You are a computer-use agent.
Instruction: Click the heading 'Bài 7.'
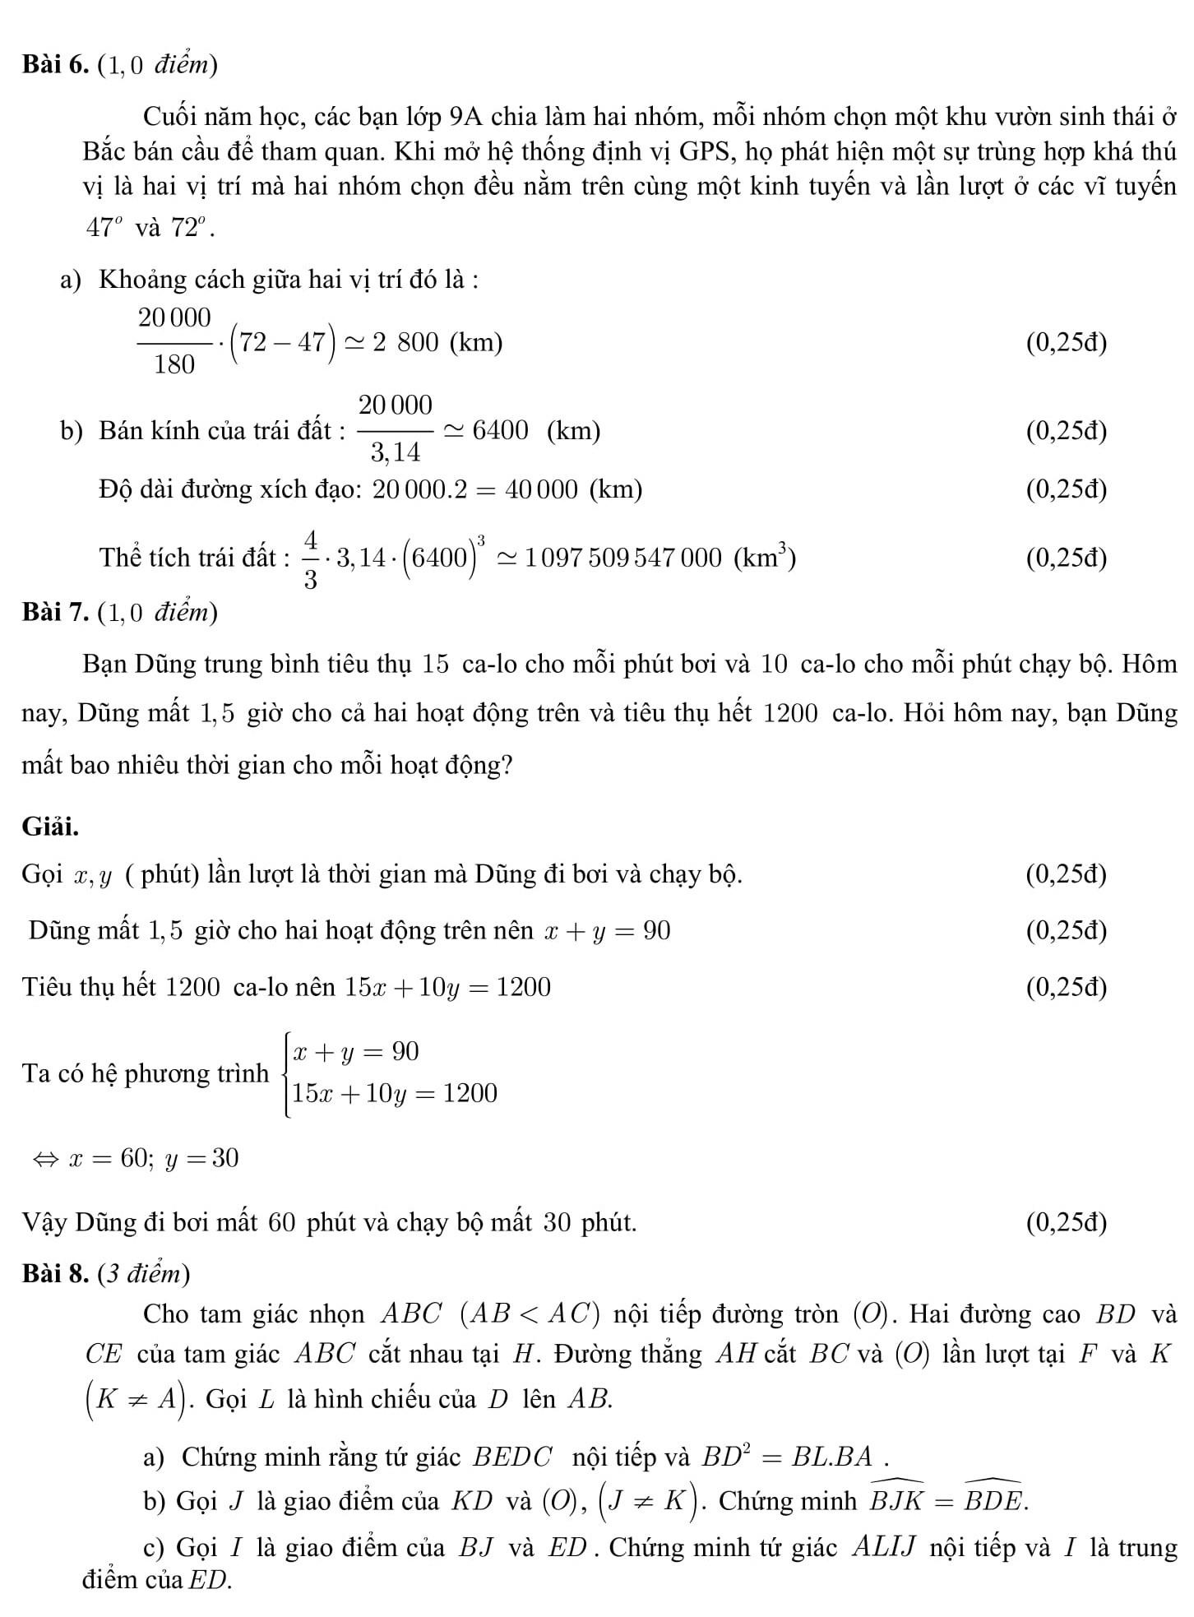point(56,612)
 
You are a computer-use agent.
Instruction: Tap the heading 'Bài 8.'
point(56,1273)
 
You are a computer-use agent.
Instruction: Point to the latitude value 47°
point(104,227)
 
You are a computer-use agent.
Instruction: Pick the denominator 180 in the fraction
point(174,364)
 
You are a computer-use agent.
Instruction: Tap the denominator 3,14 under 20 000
point(395,452)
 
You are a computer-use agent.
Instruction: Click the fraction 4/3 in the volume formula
point(311,559)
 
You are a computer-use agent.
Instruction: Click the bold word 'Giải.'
point(51,827)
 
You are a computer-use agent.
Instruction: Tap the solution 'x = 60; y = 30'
point(155,1158)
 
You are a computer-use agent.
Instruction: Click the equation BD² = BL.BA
point(794,1457)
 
